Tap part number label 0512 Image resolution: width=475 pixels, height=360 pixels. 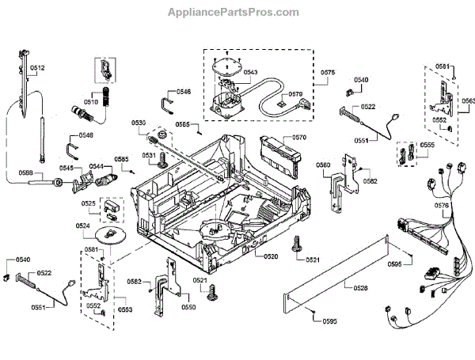coord(38,68)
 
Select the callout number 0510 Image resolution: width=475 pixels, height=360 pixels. coord(90,102)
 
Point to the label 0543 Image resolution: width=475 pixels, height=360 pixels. coord(251,72)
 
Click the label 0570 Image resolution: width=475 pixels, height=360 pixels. coord(298,138)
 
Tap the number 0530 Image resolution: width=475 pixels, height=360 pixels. coord(139,123)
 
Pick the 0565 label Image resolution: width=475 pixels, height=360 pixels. coord(182,125)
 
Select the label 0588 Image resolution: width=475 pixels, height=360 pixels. coord(26,173)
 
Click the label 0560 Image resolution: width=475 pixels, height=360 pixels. coord(323,165)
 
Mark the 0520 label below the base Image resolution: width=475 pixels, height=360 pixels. coord(271,256)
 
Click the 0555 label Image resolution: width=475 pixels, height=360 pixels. coord(427,146)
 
